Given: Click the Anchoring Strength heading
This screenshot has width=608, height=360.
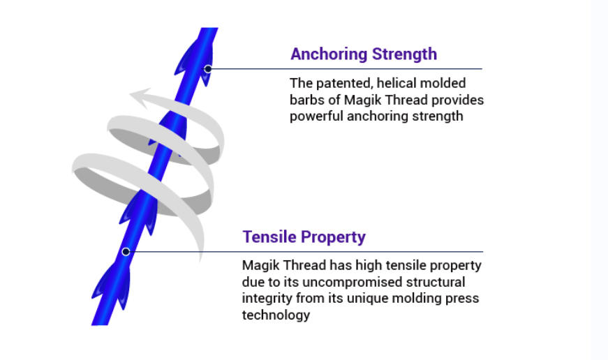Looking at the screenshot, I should (x=364, y=54).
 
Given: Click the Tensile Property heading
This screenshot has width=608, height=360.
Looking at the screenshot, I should (x=304, y=237).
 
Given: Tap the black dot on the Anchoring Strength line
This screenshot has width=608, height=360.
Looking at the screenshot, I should (x=208, y=69).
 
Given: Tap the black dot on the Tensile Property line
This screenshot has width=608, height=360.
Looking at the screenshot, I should (x=126, y=252).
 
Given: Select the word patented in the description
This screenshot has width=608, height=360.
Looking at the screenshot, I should (x=340, y=84).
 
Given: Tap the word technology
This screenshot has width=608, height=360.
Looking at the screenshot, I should (x=276, y=315).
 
